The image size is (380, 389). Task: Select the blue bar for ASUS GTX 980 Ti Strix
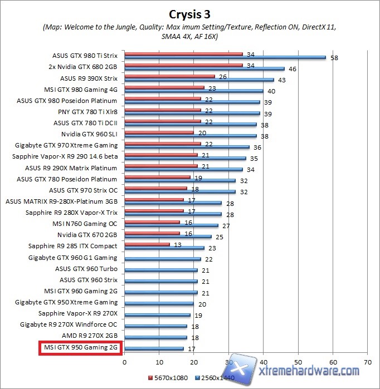tap(225, 57)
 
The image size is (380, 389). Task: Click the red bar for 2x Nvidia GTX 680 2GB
tap(183, 65)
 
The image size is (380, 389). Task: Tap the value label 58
tap(334, 57)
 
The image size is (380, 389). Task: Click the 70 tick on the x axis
tap(368, 361)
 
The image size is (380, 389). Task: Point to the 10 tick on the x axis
tap(159, 361)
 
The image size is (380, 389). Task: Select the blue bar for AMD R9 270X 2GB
tap(156, 338)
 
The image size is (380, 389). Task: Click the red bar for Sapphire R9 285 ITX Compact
tap(147, 244)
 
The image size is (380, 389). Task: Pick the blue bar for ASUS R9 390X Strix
tap(199, 80)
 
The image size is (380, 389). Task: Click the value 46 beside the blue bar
tap(293, 68)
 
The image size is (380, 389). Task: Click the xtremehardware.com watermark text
tap(309, 371)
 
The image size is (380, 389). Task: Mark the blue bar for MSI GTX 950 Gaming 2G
tap(154, 349)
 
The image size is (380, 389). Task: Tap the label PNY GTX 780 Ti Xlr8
tap(85, 112)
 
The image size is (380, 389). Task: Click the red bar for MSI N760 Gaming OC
tap(152, 222)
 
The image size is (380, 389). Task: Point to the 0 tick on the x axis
tap(124, 361)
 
